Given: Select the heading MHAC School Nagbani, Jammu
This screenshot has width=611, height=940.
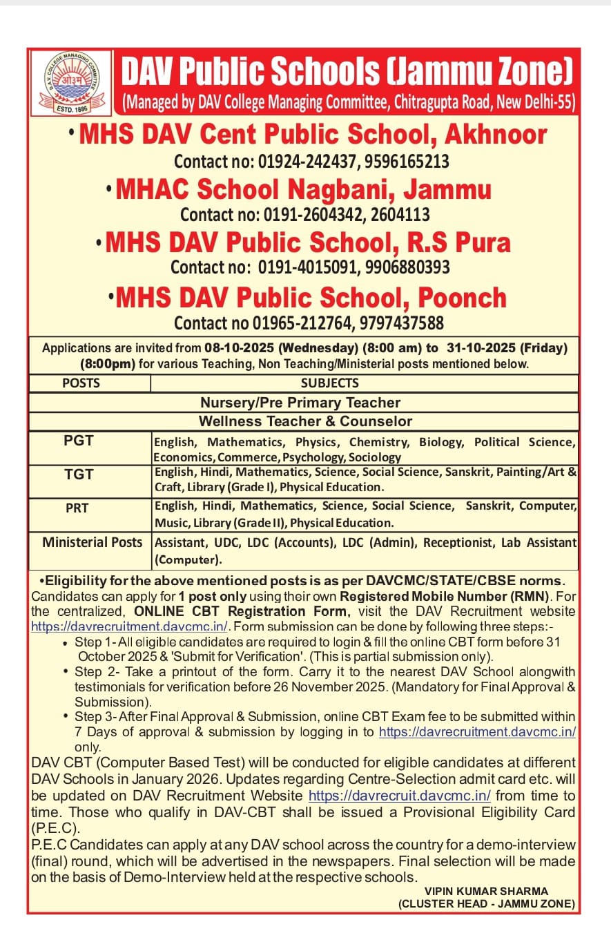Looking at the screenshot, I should coord(304,189).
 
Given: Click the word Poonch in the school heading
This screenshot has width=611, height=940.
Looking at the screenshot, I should coord(453,298).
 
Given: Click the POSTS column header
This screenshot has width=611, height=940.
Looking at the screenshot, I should coord(81,383).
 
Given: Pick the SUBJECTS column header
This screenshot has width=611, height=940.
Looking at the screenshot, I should coord(329,383).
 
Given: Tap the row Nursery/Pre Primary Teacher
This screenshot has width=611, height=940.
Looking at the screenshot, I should coord(300,402).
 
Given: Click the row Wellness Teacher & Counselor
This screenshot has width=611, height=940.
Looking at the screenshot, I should coord(305,421).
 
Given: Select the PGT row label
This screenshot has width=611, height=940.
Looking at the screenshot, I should coord(78,440).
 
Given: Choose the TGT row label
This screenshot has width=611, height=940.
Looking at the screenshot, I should coord(78,474).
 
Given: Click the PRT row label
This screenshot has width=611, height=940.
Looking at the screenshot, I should coord(78,508).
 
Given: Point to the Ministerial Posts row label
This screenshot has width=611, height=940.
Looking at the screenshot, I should coord(93,542).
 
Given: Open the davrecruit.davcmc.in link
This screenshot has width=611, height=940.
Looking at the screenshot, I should coord(400,796).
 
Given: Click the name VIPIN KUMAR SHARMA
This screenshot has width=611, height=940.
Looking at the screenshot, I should coord(486,891).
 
